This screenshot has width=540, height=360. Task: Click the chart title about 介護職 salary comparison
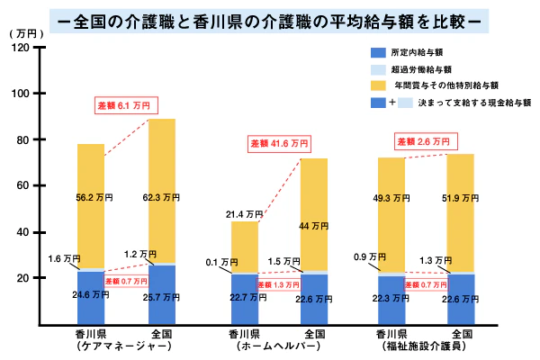click(269, 18)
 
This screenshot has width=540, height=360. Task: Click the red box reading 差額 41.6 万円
click(279, 143)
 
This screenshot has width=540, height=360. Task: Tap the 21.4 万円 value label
click(244, 214)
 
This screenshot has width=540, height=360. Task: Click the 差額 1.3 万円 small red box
click(279, 285)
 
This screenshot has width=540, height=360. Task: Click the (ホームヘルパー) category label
click(279, 346)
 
